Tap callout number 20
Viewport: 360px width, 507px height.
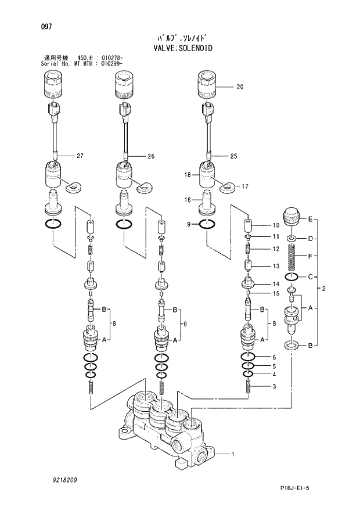pyautogui.click(x=240, y=87)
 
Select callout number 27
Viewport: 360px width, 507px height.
pyautogui.click(x=80, y=156)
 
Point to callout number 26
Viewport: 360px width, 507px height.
pyautogui.click(x=151, y=156)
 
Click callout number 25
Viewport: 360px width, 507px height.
pyautogui.click(x=234, y=156)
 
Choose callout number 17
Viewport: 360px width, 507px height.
pyautogui.click(x=245, y=186)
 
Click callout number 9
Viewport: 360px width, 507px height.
pyautogui.click(x=189, y=224)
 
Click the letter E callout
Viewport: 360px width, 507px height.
pyautogui.click(x=311, y=219)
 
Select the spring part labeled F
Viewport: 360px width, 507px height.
pyautogui.click(x=293, y=256)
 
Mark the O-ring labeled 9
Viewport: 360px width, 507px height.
pyautogui.click(x=208, y=224)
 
